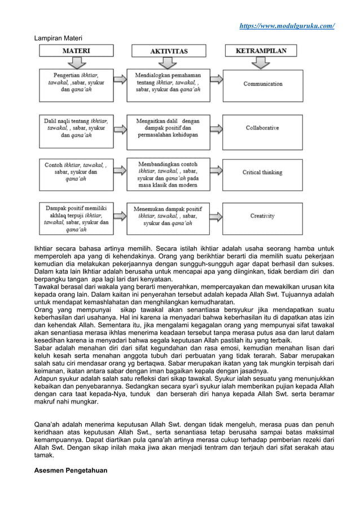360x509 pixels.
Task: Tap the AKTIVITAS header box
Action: (169, 51)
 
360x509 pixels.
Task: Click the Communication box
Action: (263, 84)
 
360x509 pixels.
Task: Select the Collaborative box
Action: (263, 128)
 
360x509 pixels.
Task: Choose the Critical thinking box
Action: (263, 172)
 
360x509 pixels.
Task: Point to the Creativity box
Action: (263, 216)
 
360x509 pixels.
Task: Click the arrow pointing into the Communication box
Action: (217, 84)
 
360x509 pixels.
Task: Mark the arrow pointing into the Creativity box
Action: (217, 216)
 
